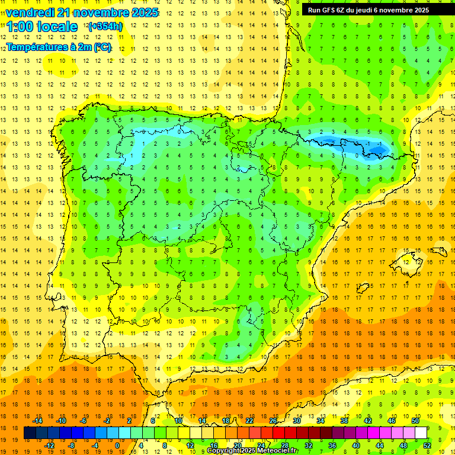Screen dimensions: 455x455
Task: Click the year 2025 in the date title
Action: tap(143, 12)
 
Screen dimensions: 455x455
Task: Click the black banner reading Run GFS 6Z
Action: tap(374, 10)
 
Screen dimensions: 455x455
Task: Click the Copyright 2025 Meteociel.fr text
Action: tap(252, 451)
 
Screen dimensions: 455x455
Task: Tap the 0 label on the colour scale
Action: tap(117, 446)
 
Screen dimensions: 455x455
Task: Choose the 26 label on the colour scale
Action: tap(273, 421)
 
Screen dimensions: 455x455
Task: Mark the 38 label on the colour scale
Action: tap(344, 421)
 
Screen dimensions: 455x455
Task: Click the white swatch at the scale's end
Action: tap(421, 433)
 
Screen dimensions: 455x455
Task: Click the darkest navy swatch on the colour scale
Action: tap(30, 433)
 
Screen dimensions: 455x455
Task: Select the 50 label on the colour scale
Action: tap(415, 421)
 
